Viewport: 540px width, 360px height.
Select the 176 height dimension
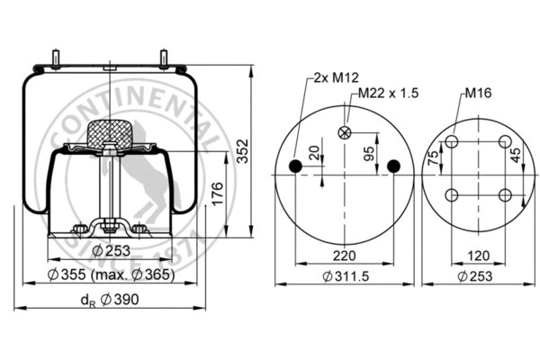(x=218, y=193)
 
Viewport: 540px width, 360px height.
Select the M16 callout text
(x=479, y=92)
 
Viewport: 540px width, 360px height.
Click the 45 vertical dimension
(x=515, y=156)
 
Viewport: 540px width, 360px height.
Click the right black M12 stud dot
(x=392, y=166)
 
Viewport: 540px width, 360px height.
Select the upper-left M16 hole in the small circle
(x=451, y=141)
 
